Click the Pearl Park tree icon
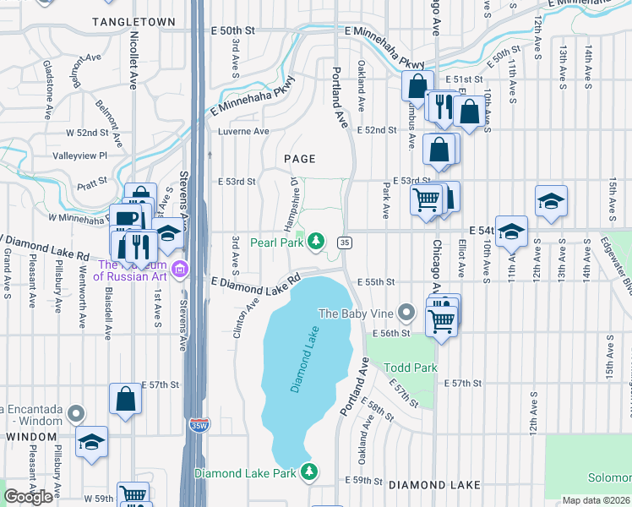click(316, 243)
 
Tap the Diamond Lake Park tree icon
click(310, 472)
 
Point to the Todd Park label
click(411, 368)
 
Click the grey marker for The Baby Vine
click(407, 313)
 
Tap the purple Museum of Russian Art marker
click(179, 270)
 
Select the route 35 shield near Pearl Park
click(344, 243)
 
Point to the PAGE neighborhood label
click(299, 159)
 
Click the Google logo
click(28, 497)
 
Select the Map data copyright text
click(596, 500)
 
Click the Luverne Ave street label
click(243, 132)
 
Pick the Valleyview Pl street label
click(80, 155)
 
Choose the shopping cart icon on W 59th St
click(133, 495)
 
